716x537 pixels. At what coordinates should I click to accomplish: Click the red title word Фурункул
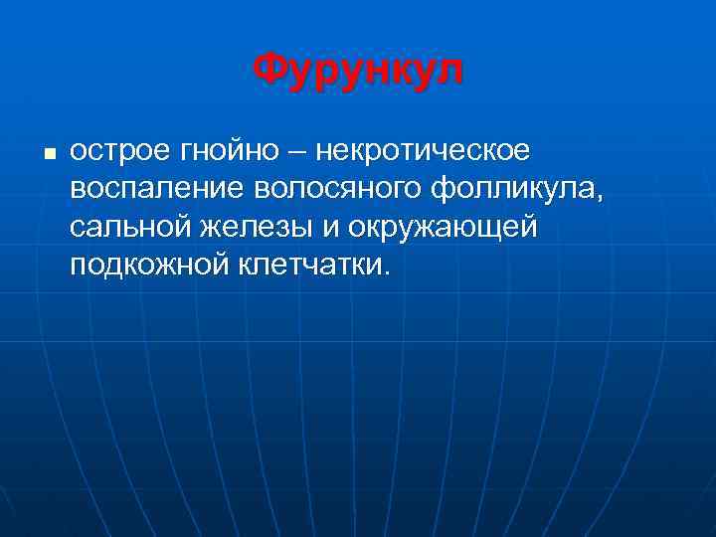tap(358, 71)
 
